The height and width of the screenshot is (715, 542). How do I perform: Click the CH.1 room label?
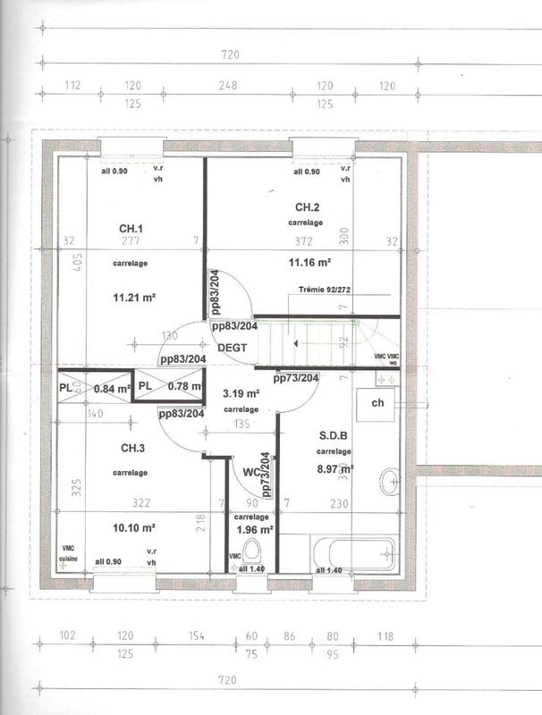[131, 228]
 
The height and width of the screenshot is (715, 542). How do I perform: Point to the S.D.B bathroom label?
[335, 437]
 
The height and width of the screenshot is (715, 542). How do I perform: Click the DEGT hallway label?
[231, 349]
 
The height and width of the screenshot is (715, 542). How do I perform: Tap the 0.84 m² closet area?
[113, 388]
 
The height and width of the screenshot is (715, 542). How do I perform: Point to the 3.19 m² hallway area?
[241, 393]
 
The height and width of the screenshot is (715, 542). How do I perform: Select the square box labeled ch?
[377, 404]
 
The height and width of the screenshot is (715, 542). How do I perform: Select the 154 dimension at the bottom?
[197, 635]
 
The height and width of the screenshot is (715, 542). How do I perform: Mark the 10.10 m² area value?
[134, 527]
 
